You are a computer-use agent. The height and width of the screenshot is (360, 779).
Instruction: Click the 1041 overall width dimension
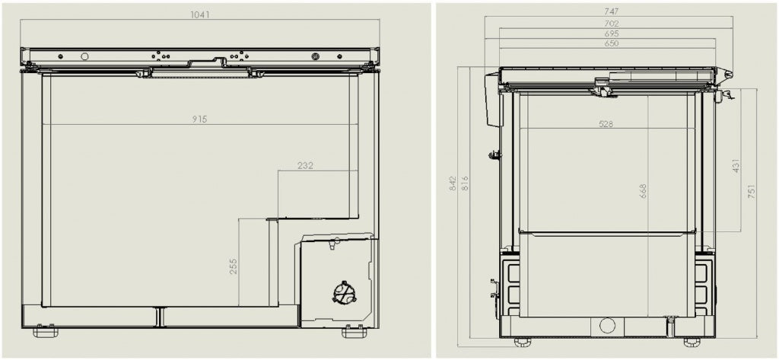tap(200, 14)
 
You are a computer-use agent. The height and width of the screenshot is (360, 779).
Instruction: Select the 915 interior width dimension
tap(200, 119)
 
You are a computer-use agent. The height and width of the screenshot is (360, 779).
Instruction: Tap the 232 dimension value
tap(306, 165)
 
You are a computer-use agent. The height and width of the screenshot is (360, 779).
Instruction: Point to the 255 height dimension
tap(234, 265)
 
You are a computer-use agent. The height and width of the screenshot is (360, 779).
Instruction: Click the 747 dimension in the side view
tap(611, 11)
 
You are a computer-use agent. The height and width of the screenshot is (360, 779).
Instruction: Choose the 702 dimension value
tap(611, 23)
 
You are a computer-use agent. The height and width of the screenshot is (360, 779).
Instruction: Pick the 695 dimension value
tap(611, 33)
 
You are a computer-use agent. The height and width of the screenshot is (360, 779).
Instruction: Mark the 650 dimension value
tap(611, 43)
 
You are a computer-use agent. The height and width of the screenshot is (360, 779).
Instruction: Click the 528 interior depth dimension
tap(606, 123)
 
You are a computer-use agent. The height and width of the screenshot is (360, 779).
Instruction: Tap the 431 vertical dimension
tap(736, 166)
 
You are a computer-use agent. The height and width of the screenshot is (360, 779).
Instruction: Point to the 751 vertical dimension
tap(752, 193)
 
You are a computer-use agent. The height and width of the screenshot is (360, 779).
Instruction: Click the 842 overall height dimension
tap(453, 183)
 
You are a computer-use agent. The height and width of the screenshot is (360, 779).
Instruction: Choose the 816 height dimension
tap(465, 183)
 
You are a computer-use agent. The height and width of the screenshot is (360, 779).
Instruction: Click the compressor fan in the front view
tap(344, 292)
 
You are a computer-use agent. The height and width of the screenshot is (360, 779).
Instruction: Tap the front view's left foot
tap(45, 332)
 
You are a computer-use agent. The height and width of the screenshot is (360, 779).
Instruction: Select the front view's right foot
tap(354, 332)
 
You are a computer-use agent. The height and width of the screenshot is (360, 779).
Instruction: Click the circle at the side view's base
tap(607, 326)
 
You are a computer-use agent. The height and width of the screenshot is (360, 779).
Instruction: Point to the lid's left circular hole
tap(84, 56)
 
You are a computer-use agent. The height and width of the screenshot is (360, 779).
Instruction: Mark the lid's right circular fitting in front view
tap(315, 56)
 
